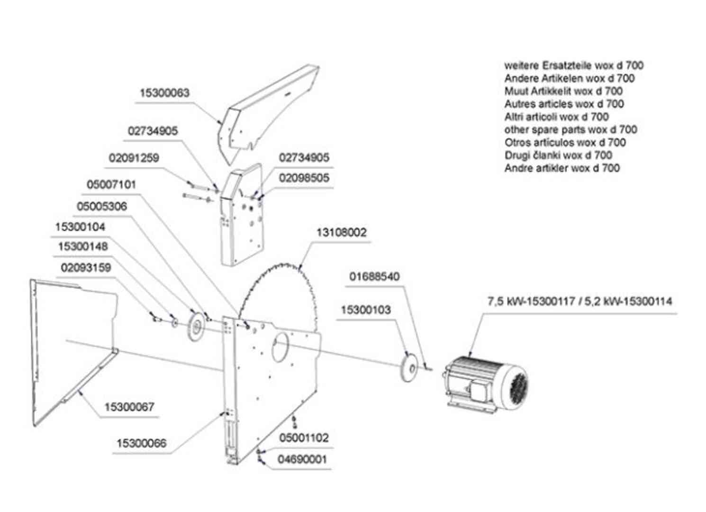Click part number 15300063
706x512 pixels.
pos(164,93)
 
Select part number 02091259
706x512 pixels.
pos(134,158)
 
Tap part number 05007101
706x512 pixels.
pos(111,184)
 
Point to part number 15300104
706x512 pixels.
pos(80,227)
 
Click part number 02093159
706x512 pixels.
pos(86,268)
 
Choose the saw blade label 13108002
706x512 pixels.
pos(341,233)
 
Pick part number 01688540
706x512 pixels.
pos(374,276)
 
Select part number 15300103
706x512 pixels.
pos(366,310)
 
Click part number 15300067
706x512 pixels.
pos(129,407)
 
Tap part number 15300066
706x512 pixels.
pos(141,444)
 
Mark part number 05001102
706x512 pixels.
pos(304,438)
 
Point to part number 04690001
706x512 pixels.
pos(302,459)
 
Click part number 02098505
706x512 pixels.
pos(304,178)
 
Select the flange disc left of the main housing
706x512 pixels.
pos(195,326)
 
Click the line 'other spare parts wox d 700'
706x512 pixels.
pos(570,129)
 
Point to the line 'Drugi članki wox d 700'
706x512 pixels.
pos(558,155)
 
